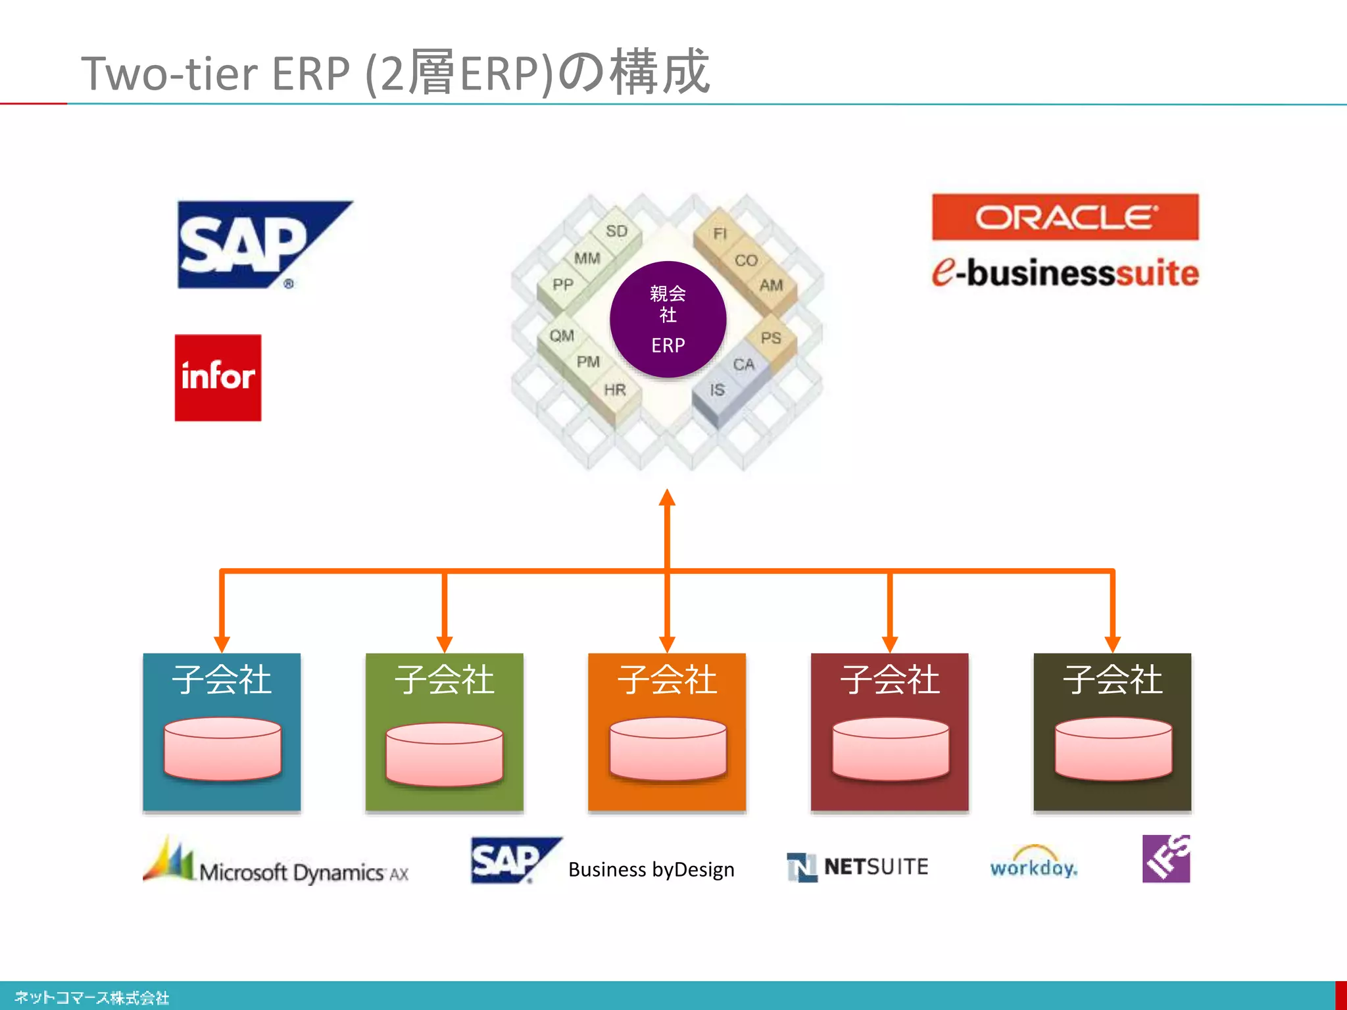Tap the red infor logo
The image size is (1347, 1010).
coord(218,377)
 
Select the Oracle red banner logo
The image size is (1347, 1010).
coord(1065,217)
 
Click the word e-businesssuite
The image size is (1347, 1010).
coord(1065,273)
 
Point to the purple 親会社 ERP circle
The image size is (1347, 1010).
coord(668,320)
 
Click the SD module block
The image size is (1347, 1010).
coord(616,231)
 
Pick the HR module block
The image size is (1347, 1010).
coord(615,390)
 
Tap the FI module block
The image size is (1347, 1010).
coord(720,234)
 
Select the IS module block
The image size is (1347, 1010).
coord(717,391)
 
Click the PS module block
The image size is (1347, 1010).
coord(771,338)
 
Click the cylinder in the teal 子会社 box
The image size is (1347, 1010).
coord(222,749)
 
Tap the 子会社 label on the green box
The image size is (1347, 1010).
coord(444,679)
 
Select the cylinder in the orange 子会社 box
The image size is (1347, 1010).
coord(668,749)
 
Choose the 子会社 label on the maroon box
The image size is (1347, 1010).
coord(889,679)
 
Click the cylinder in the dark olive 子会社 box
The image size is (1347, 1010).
coord(1113,749)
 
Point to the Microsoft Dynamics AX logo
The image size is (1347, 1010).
coord(276,863)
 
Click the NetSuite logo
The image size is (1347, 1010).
coord(858,867)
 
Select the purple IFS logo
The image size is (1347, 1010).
coord(1165,859)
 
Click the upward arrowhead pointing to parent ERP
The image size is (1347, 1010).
coord(668,498)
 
